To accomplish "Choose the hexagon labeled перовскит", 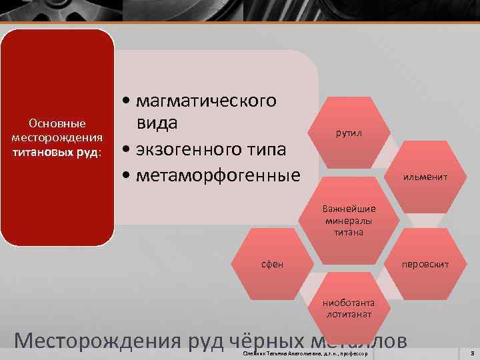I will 425,265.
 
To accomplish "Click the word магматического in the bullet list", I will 205,101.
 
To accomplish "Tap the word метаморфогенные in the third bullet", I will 217,175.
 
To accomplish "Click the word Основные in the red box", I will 57,123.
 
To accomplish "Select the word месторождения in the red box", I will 57,137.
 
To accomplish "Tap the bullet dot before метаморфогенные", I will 126,175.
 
